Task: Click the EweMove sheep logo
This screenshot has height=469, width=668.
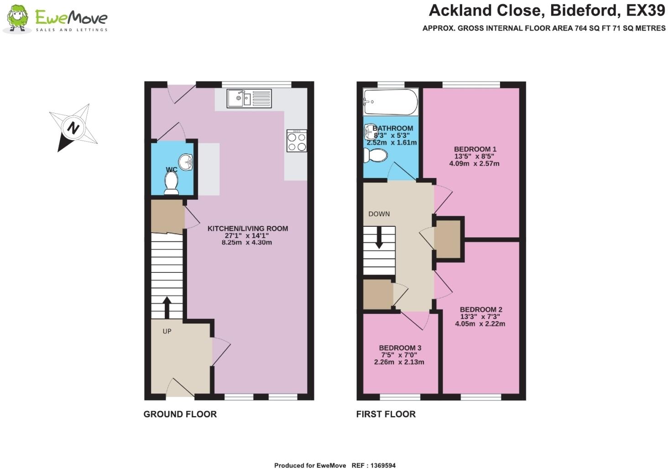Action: (17, 19)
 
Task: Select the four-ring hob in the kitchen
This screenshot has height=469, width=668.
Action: (297, 141)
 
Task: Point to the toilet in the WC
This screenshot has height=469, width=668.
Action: (172, 184)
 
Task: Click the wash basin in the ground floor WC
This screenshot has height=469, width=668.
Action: (186, 162)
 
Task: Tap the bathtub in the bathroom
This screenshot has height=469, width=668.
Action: (390, 103)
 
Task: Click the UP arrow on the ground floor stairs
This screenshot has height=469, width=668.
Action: (167, 307)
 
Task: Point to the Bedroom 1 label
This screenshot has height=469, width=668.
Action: (475, 149)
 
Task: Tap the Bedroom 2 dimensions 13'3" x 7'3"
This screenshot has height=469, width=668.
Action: (480, 317)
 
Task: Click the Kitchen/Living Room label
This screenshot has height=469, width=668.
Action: (247, 229)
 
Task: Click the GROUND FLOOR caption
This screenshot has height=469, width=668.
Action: (180, 414)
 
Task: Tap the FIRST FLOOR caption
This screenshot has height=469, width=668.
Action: (386, 414)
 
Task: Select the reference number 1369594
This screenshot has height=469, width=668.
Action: (381, 465)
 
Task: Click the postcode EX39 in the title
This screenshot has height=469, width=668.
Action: (645, 10)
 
